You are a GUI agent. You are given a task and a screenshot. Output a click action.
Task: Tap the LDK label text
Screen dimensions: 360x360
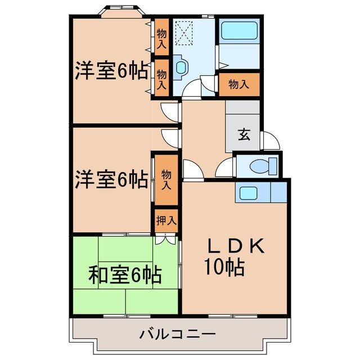(x=236, y=246)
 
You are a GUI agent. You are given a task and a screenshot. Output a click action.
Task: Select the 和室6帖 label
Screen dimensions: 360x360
(x=125, y=276)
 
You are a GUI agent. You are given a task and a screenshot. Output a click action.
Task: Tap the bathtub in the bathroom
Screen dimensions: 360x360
(x=238, y=30)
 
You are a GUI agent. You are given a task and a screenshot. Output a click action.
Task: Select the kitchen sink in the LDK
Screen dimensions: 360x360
(x=248, y=193)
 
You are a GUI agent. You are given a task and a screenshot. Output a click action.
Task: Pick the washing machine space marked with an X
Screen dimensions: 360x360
(x=186, y=33)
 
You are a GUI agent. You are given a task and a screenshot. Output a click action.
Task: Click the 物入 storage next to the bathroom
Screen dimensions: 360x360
(x=239, y=84)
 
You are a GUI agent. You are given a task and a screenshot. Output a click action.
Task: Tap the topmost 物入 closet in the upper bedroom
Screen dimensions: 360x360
(x=161, y=38)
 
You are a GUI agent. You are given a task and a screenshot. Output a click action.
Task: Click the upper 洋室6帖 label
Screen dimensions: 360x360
(x=112, y=71)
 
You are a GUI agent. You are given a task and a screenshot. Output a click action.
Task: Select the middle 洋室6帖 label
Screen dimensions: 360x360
(x=112, y=179)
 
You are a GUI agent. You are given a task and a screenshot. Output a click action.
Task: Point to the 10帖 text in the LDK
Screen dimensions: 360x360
(x=224, y=268)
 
